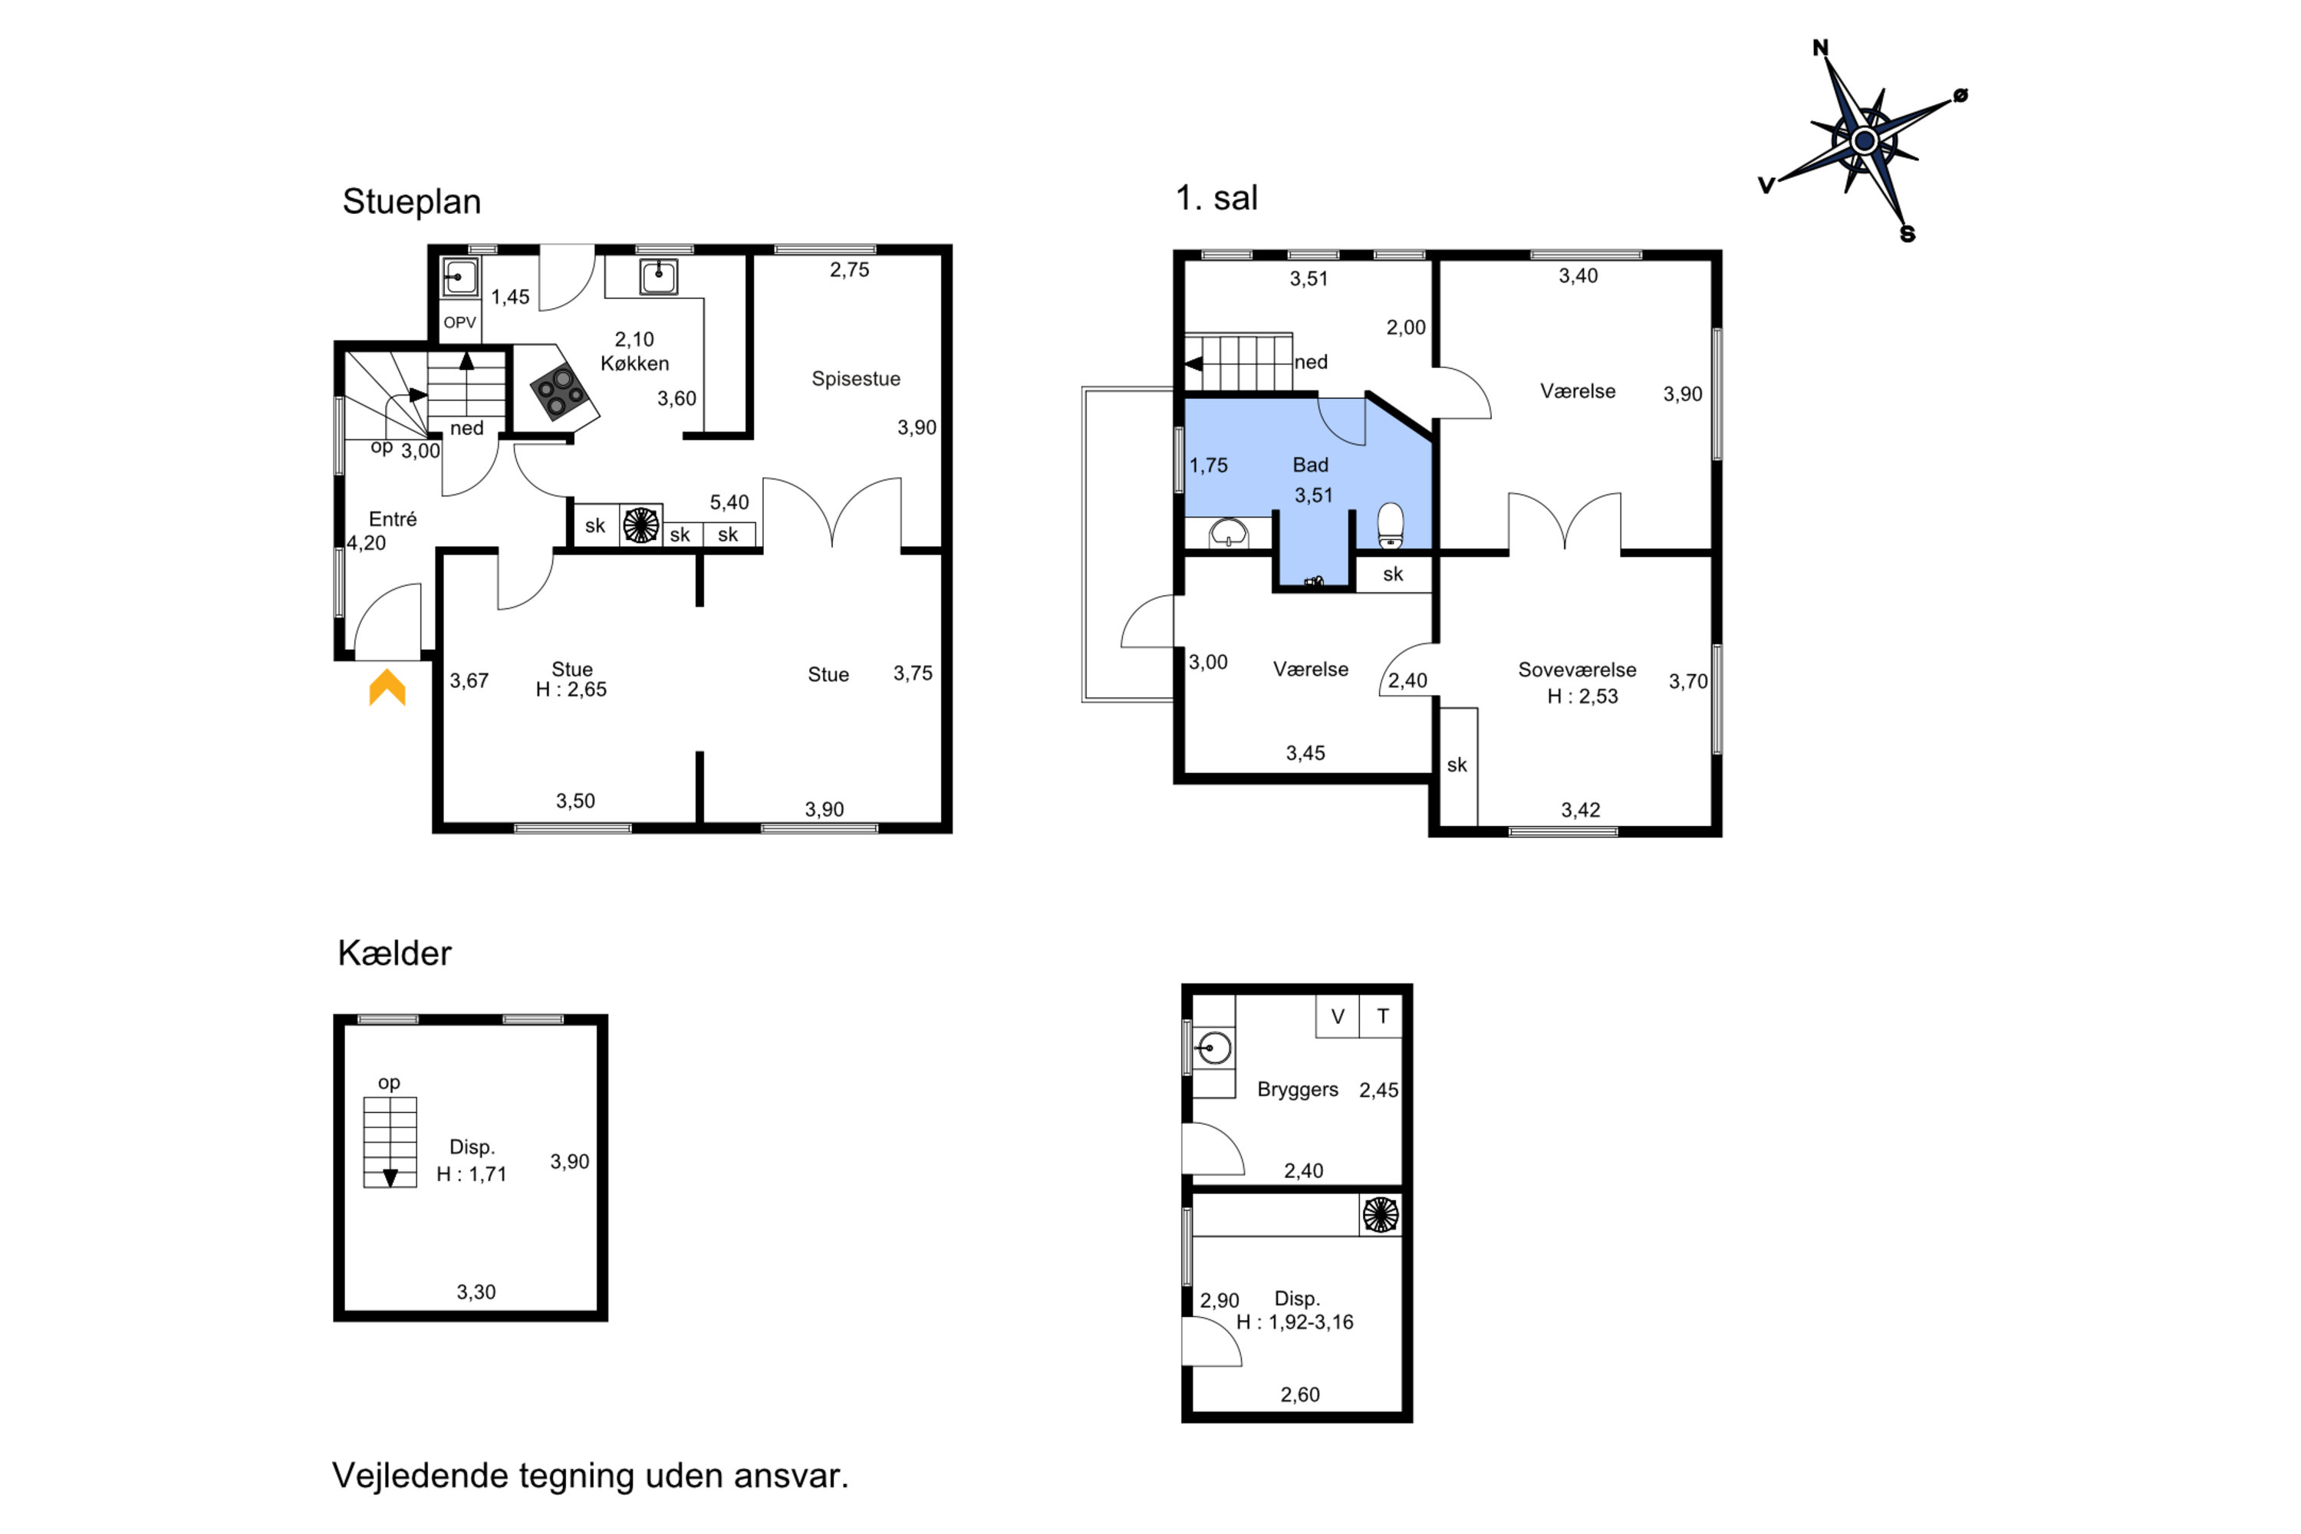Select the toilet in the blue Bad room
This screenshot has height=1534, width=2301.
1390,525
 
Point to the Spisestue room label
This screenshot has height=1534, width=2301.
856,379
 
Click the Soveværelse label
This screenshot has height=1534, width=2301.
1577,670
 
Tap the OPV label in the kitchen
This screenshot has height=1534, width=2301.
459,323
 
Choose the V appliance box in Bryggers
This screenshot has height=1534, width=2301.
1338,1016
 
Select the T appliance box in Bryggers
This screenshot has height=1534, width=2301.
1381,1016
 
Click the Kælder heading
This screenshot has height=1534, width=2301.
394,953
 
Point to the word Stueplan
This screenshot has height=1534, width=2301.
412,202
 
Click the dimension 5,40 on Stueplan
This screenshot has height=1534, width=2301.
729,502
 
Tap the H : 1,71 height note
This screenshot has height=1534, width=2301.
472,1174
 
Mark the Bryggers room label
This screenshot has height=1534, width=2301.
1297,1090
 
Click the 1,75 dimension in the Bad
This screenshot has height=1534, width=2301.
1208,466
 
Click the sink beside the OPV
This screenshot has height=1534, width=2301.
459,277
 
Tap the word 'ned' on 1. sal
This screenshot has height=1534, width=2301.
1311,362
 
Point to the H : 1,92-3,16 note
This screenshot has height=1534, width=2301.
1295,1322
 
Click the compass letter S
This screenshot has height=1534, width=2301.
1907,234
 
